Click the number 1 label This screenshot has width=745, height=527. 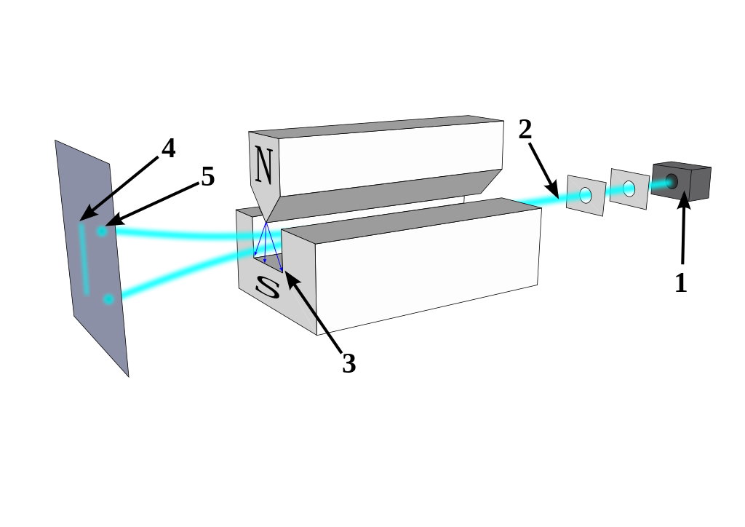point(681,282)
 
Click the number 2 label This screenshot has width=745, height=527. point(525,130)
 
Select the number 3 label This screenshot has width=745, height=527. point(349,363)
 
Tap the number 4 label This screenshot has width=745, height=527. point(168,148)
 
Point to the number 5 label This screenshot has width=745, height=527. point(208,177)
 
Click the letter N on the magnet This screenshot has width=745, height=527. point(263,166)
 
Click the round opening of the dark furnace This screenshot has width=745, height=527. point(671,181)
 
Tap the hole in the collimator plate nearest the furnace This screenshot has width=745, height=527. point(629,189)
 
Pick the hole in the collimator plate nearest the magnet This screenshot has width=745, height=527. point(586,195)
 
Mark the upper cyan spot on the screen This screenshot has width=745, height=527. point(102,231)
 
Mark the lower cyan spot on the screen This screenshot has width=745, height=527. point(108,299)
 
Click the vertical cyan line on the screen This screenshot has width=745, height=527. point(84,258)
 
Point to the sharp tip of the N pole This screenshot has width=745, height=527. point(267,222)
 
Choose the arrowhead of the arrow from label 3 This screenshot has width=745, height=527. point(288,275)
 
